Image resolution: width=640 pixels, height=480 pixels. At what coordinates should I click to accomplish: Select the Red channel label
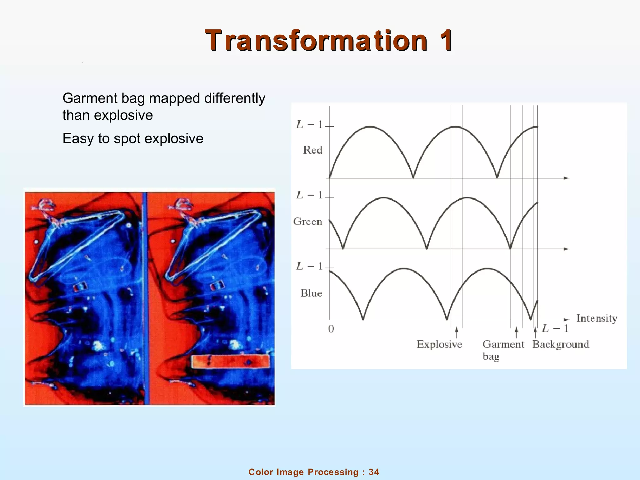[312, 150]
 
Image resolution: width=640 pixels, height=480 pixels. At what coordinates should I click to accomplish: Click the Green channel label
[307, 222]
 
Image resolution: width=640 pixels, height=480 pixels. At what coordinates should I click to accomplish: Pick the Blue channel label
[311, 293]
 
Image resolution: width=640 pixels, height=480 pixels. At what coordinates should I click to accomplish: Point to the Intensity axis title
[597, 318]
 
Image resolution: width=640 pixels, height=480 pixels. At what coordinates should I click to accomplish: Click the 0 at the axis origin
[331, 329]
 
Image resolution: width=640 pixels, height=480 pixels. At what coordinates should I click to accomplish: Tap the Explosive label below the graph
[439, 344]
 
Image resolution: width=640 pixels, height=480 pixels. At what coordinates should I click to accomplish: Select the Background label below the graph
[561, 344]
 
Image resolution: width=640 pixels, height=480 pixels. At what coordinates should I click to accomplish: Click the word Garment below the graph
[503, 344]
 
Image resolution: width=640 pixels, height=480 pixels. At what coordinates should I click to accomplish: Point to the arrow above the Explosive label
[457, 332]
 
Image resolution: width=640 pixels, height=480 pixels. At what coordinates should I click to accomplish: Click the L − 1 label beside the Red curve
[309, 125]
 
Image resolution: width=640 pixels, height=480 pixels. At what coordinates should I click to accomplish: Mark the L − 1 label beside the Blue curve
[309, 266]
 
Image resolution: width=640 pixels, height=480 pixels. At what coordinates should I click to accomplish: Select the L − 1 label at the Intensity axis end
[555, 328]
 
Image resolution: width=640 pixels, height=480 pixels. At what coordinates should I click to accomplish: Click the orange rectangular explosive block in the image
[230, 361]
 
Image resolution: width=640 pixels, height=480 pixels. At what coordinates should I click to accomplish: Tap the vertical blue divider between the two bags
[145, 297]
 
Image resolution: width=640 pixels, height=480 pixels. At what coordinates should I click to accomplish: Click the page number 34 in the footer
[374, 472]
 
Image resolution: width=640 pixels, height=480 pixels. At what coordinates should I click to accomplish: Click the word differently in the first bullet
[234, 98]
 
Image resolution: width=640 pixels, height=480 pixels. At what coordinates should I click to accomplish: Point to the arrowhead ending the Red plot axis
[567, 178]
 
